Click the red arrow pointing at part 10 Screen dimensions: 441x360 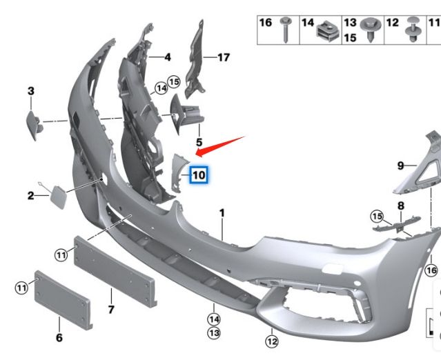pyautogui.click(x=220, y=147)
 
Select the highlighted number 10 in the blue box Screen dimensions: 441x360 pyautogui.click(x=199, y=175)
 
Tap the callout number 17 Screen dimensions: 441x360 pyautogui.click(x=224, y=58)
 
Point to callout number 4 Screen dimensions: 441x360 pyautogui.click(x=168, y=57)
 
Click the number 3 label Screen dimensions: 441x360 pyautogui.click(x=31, y=91)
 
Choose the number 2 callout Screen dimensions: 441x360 pyautogui.click(x=30, y=196)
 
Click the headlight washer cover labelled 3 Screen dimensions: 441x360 pyautogui.click(x=35, y=125)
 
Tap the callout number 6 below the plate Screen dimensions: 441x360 pyautogui.click(x=59, y=337)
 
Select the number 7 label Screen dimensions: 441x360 pyautogui.click(x=111, y=310)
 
